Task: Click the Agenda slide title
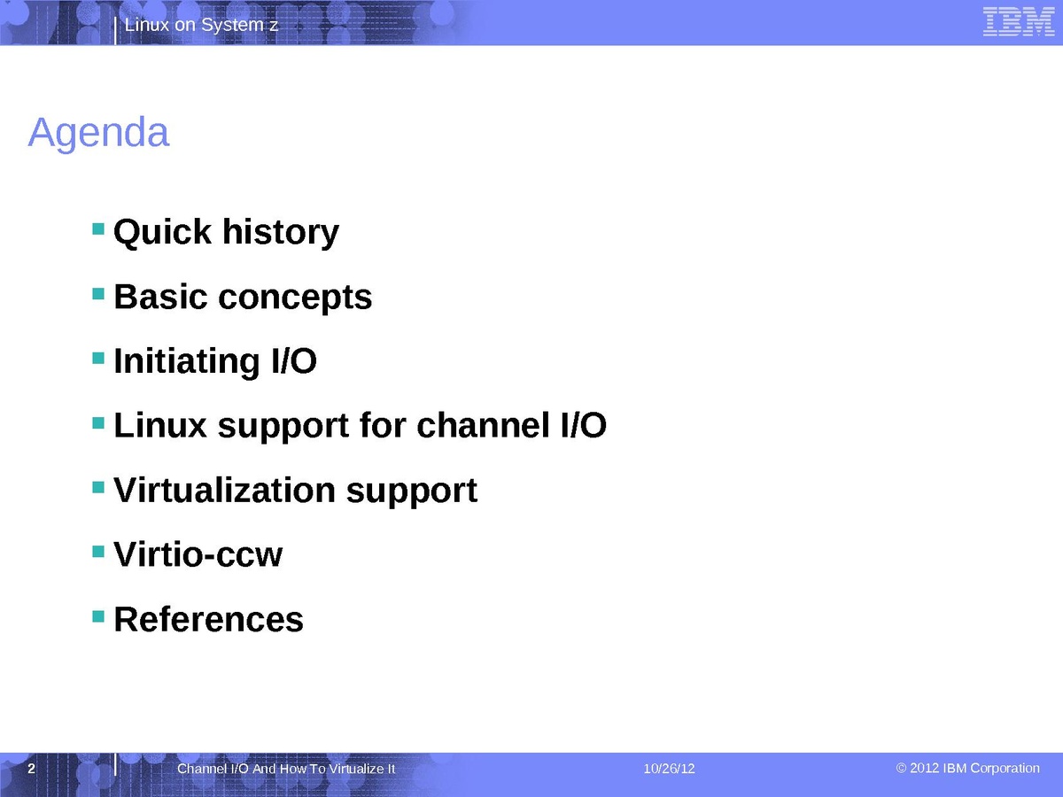click(x=99, y=133)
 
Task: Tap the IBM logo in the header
click(x=1019, y=22)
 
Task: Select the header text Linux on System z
click(x=201, y=25)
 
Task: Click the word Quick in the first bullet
click(x=162, y=232)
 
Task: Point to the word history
click(x=281, y=232)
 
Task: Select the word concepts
click(x=295, y=298)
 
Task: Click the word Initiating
click(x=187, y=361)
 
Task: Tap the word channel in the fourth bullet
click(x=484, y=425)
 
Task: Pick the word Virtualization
click(x=225, y=491)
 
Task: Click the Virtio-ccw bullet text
click(x=198, y=554)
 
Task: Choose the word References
click(x=209, y=619)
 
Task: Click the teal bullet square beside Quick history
click(x=98, y=228)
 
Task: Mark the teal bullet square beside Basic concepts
click(x=98, y=294)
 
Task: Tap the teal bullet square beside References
click(x=98, y=616)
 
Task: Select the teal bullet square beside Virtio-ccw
click(x=98, y=552)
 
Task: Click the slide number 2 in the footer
click(x=32, y=769)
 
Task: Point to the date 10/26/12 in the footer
click(x=670, y=769)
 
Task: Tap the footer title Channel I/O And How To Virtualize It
click(x=286, y=769)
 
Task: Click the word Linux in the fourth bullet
click(x=160, y=425)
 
